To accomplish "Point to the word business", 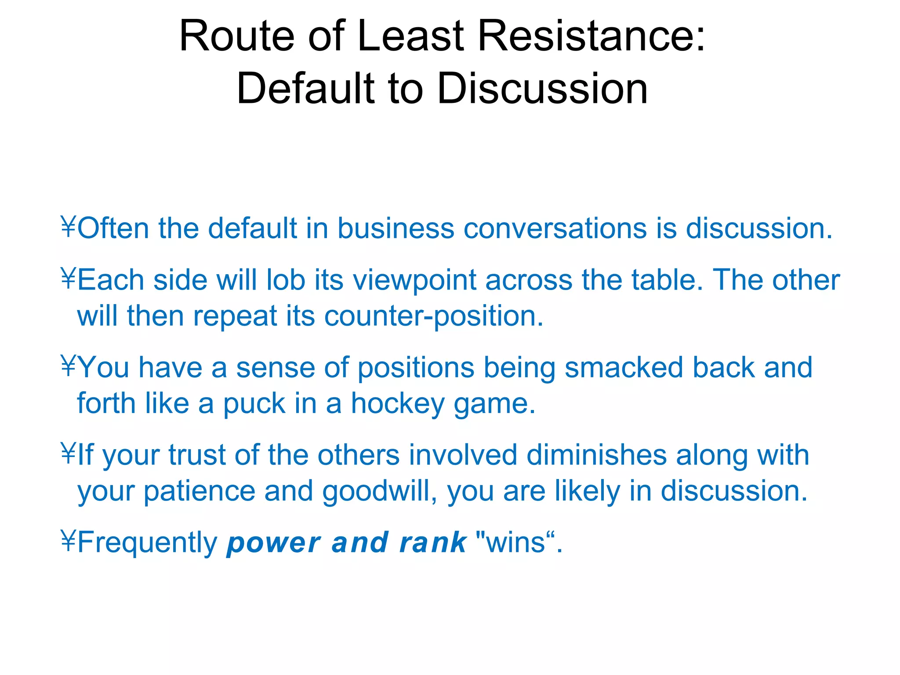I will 396,229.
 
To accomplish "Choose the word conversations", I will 555,229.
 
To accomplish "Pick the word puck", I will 254,404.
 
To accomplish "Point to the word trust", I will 197,455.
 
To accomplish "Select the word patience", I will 199,491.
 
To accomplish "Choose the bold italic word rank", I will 432,542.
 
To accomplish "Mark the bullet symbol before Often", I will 69,227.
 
